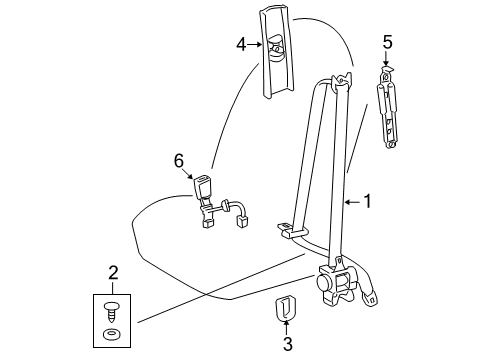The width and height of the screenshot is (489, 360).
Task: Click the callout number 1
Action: coord(367,201)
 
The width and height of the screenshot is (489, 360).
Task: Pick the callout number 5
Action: coord(388,43)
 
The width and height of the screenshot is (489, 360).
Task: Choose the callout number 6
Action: coord(179,159)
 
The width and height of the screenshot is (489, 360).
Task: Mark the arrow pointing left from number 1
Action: coord(350,201)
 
